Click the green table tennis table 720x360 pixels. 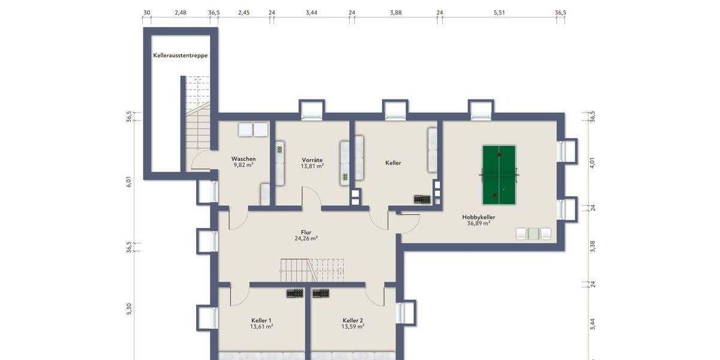(499, 175)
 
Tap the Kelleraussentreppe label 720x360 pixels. (180, 55)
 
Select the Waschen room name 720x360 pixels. (244, 159)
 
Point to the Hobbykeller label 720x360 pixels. (478, 217)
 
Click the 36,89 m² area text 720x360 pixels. (478, 223)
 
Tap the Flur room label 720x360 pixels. (306, 232)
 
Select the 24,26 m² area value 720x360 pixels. (306, 238)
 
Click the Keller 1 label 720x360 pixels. (262, 320)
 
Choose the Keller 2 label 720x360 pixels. (353, 320)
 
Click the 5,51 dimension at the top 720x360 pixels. (499, 12)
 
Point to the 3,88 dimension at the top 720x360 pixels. (395, 12)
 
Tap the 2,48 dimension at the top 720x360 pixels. (180, 12)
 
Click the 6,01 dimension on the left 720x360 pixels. (129, 182)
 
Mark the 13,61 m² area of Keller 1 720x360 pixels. (262, 327)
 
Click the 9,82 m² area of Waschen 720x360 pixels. (244, 166)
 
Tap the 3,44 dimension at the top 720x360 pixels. (311, 12)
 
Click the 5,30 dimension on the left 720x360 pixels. (129, 308)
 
